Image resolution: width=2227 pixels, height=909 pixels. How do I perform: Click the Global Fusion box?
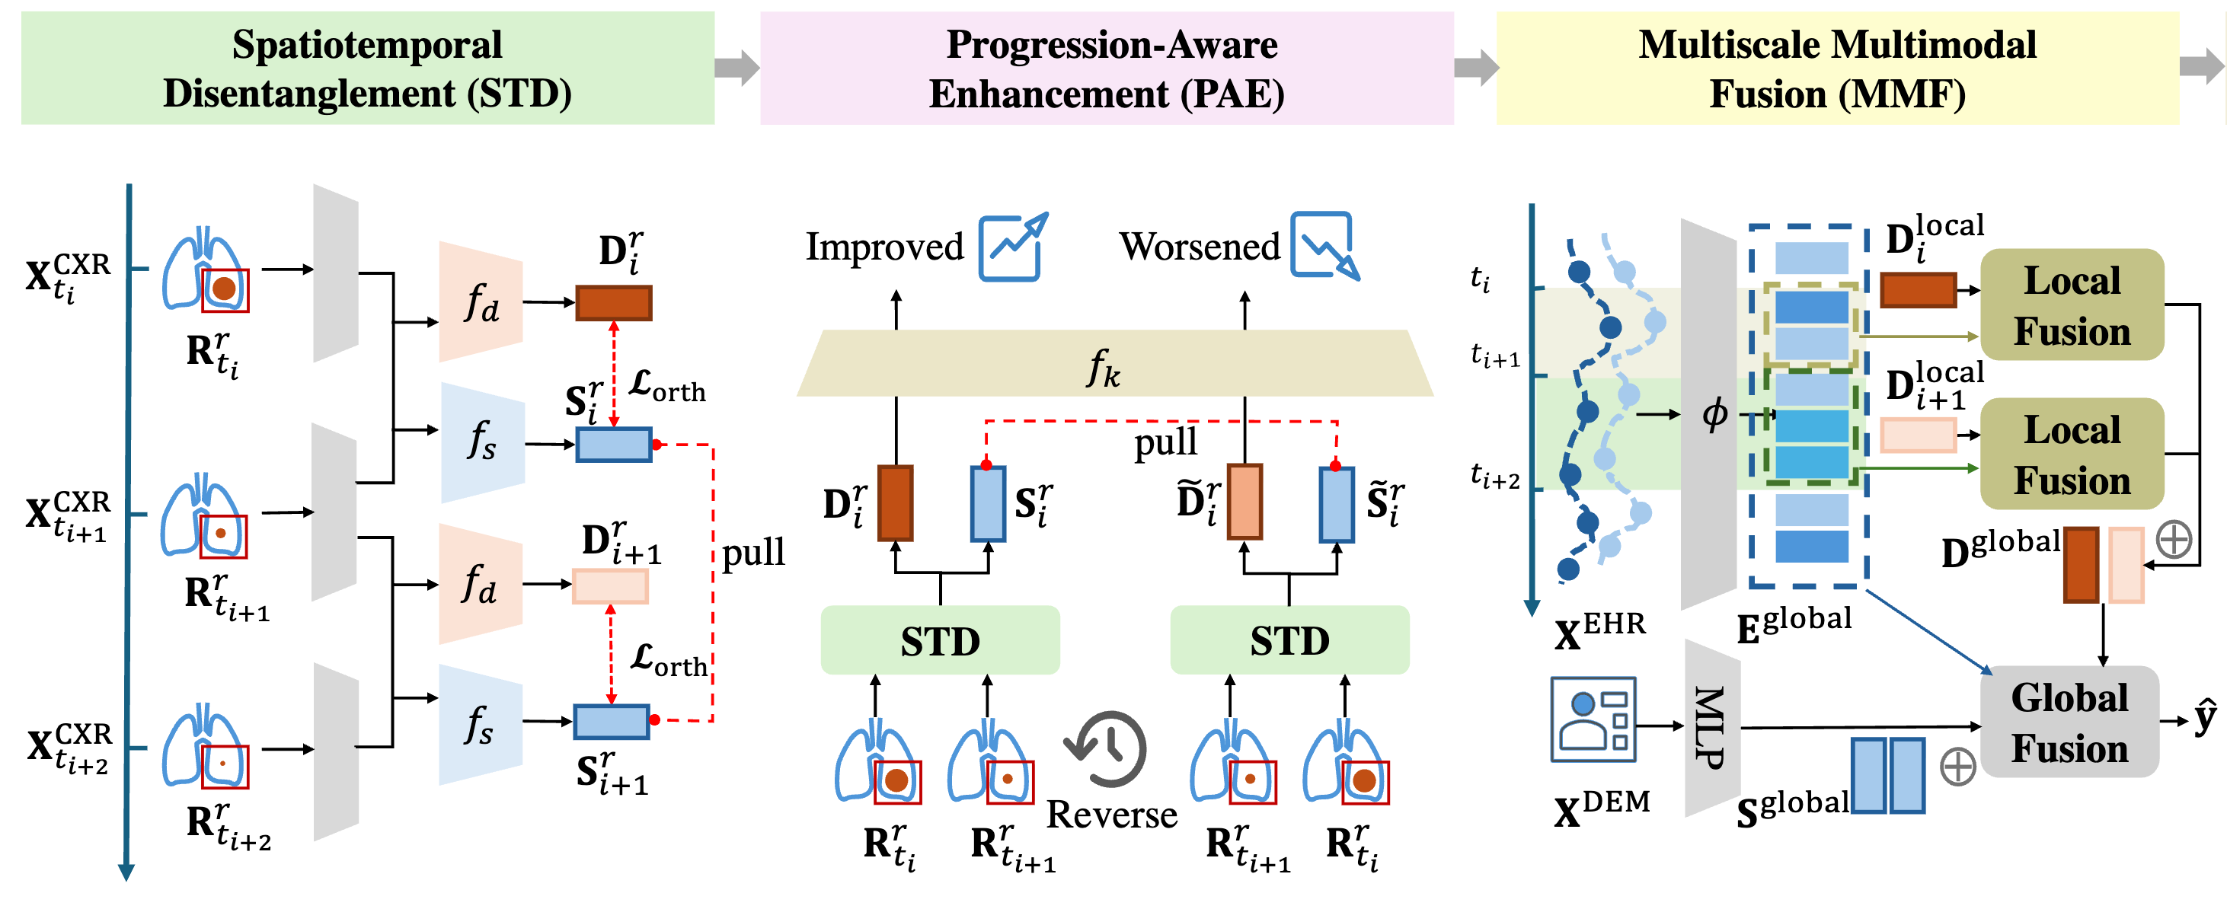coord(2069,722)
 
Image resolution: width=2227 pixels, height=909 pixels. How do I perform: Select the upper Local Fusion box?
coord(2072,305)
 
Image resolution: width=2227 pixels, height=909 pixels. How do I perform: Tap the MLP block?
coord(1711,728)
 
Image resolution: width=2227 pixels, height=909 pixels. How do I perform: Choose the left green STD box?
coord(940,640)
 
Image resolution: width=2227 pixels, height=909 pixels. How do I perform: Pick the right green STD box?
coord(1289,640)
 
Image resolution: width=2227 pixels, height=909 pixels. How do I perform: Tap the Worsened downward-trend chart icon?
coord(1324,246)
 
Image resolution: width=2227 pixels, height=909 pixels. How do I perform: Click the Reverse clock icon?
coord(1107,748)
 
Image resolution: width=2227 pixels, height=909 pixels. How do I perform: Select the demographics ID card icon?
coord(1593,719)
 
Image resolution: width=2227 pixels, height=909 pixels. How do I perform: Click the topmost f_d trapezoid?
coord(481,302)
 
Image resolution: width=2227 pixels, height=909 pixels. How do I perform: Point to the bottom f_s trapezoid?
coord(481,724)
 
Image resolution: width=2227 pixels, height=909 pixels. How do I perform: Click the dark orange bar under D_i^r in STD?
coord(614,303)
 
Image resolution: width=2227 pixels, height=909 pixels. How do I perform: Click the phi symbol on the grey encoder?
coord(1714,415)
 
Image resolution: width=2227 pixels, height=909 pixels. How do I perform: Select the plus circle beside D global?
coord(2174,540)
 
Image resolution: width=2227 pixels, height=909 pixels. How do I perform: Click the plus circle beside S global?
coord(1957,767)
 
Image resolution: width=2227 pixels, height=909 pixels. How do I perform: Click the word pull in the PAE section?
coord(1165,442)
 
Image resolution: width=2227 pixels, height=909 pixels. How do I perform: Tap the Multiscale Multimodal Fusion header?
coord(1837,69)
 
